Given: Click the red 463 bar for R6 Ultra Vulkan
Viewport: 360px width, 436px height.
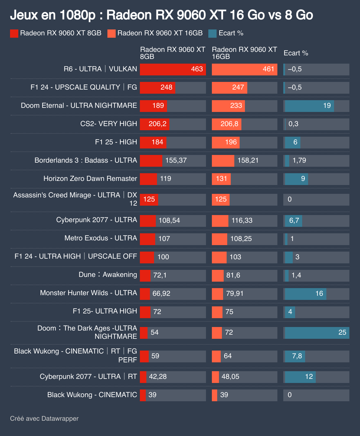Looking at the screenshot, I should point(173,69).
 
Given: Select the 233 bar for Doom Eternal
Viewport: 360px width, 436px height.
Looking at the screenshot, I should point(228,106).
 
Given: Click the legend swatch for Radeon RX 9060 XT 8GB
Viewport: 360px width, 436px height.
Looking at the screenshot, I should point(14,33).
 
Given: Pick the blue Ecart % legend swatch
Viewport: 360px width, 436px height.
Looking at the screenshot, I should point(212,33).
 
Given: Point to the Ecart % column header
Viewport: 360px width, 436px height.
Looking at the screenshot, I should point(296,53).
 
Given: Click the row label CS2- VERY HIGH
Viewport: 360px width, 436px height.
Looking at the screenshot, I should point(109,124).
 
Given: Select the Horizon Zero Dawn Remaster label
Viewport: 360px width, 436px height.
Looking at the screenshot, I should point(90,179).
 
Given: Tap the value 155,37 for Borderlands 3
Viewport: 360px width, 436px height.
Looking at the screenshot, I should point(176,161).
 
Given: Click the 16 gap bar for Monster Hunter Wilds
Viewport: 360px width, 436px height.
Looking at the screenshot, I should point(305,294).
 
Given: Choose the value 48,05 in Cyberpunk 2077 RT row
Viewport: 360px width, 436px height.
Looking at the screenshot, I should point(230,377).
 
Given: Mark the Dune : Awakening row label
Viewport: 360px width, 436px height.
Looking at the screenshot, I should point(108,275).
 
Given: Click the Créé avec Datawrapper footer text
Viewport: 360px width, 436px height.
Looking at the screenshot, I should point(44,419).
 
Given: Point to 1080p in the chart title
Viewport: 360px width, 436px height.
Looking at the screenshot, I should point(77,15).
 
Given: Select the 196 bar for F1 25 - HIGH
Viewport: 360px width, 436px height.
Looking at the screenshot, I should point(226,142).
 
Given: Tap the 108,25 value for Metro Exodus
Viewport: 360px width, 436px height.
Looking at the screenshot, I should point(241,239).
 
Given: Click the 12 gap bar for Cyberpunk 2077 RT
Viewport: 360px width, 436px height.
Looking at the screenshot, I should point(300,377).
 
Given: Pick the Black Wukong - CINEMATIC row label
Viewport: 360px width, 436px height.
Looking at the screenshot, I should point(92,395).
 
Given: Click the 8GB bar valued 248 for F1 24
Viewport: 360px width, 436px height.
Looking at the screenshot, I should point(158,87).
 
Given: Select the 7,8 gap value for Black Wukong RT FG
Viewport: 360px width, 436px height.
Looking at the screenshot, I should point(297,356).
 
